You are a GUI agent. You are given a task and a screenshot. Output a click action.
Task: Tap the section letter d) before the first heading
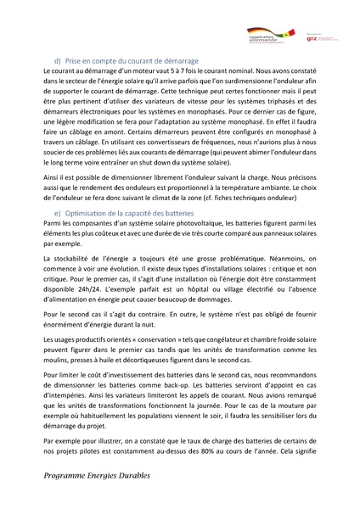58,63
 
